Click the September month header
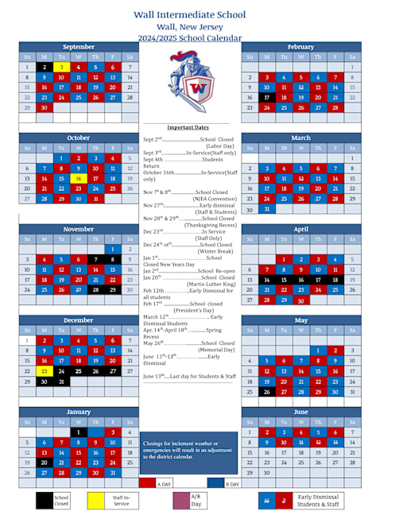pyautogui.click(x=78, y=47)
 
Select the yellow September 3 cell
pyautogui.click(x=61, y=68)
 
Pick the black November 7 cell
pyautogui.click(x=95, y=259)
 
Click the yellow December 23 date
pyautogui.click(x=45, y=370)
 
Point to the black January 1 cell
pyautogui.click(x=78, y=432)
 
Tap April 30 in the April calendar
pyautogui.click(x=300, y=300)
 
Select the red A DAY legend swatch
pyautogui.click(x=147, y=483)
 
